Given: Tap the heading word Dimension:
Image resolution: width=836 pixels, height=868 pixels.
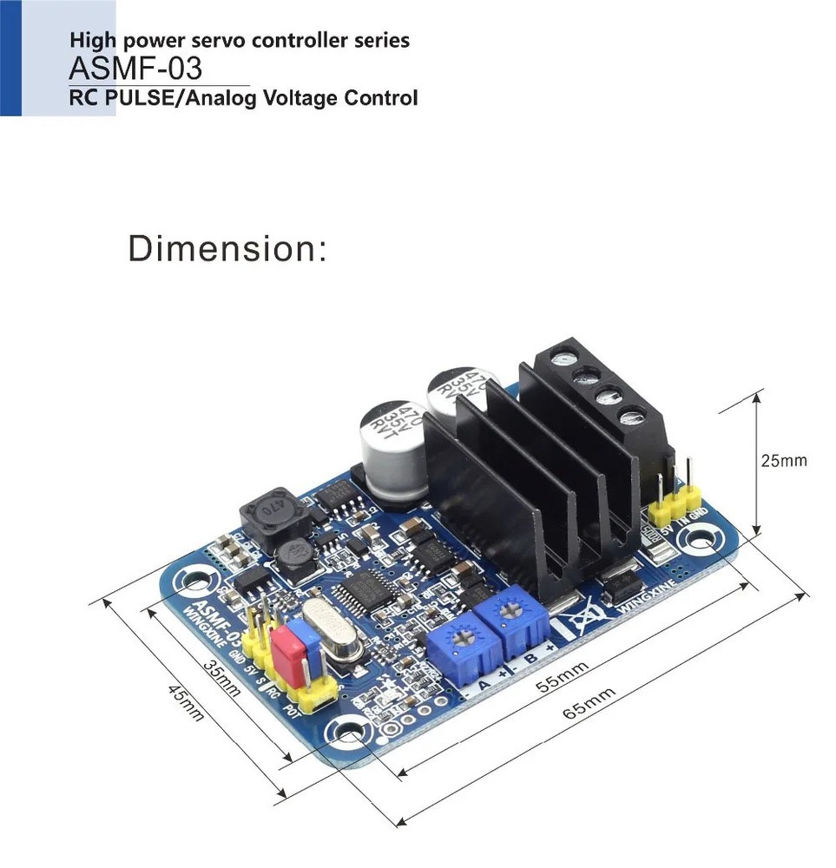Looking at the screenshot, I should pos(227,249).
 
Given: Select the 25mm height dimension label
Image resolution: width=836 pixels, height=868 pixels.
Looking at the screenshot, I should pos(783,460).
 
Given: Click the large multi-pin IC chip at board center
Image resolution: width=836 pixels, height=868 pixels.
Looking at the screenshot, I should pos(368,592).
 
